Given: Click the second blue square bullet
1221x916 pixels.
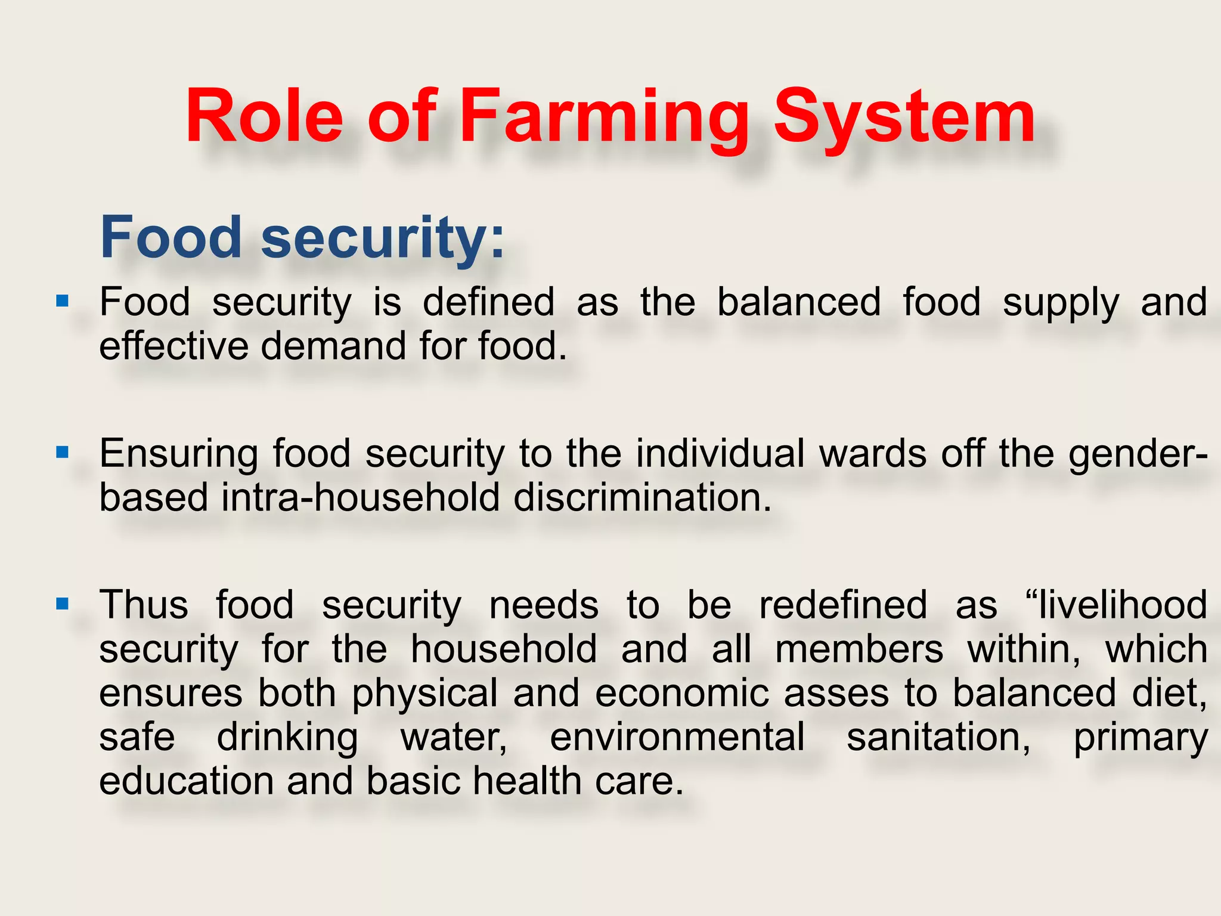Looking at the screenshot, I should coord(62,452).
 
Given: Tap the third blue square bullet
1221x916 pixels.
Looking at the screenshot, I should coord(62,604).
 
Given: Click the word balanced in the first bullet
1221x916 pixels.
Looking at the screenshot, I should coord(798,302).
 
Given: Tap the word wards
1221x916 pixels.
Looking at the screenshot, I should coord(873,454).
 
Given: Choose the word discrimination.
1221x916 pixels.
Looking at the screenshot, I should coord(642,498).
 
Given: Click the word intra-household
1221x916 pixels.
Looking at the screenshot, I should coord(360,498).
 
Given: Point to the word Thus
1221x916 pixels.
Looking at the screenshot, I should coord(144,605).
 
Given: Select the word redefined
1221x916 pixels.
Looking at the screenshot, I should coord(842,605).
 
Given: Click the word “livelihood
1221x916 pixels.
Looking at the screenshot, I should coord(1115,605).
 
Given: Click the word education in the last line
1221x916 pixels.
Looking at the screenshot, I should coord(186,781).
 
